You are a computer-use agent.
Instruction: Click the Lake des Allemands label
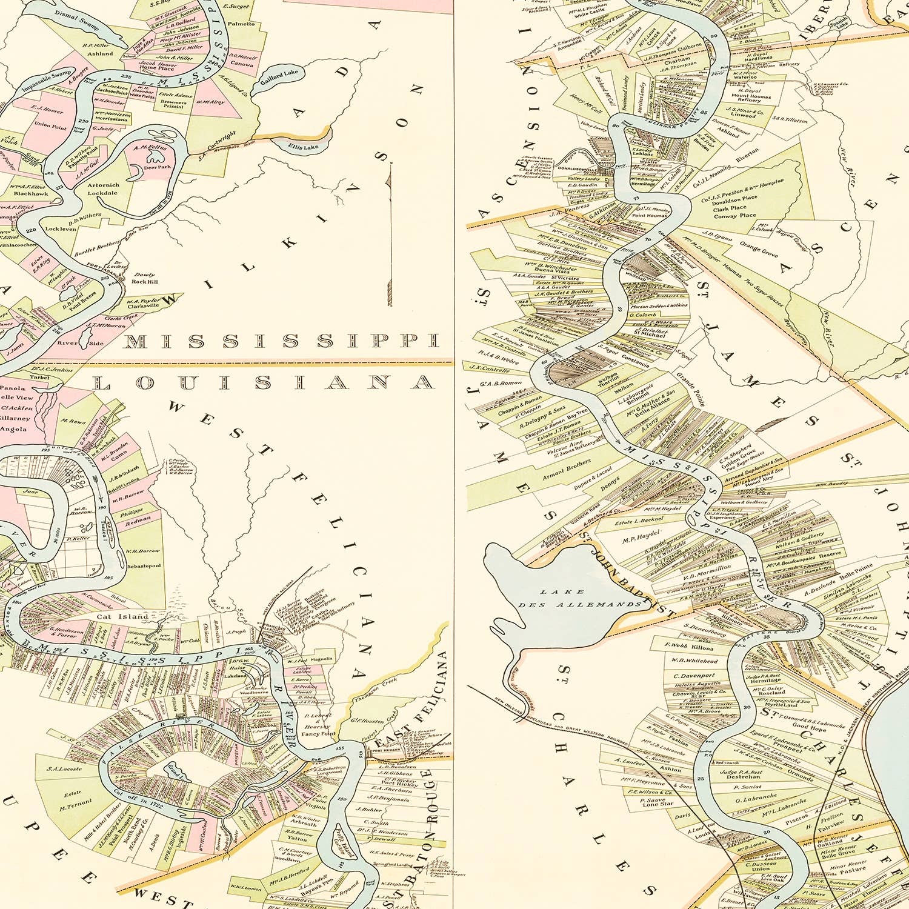point(579,598)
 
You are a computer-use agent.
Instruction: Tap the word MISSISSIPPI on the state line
point(281,341)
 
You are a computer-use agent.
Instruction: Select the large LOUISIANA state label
point(264,382)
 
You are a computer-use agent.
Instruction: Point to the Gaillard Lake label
point(279,74)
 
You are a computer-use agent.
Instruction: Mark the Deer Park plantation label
point(158,167)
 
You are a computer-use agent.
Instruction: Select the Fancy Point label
point(319,734)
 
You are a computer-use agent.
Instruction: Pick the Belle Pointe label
point(856,569)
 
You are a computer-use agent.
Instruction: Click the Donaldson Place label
point(735,199)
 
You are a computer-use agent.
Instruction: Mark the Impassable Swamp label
point(47,81)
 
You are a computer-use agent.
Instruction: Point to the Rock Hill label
point(144,282)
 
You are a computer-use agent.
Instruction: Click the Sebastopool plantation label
point(144,565)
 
